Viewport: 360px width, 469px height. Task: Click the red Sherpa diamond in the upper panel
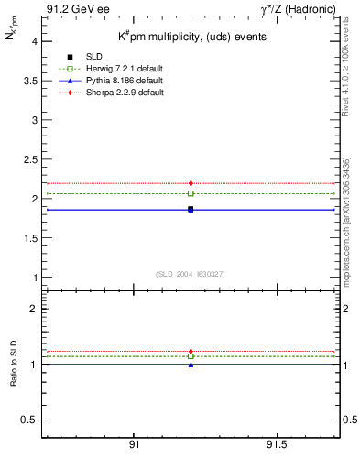point(191,183)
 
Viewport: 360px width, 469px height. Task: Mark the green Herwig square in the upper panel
point(191,193)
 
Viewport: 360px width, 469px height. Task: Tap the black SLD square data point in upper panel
point(191,210)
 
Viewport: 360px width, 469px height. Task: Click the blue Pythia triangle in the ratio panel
point(191,365)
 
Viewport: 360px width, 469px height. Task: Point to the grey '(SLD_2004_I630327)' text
point(190,274)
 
